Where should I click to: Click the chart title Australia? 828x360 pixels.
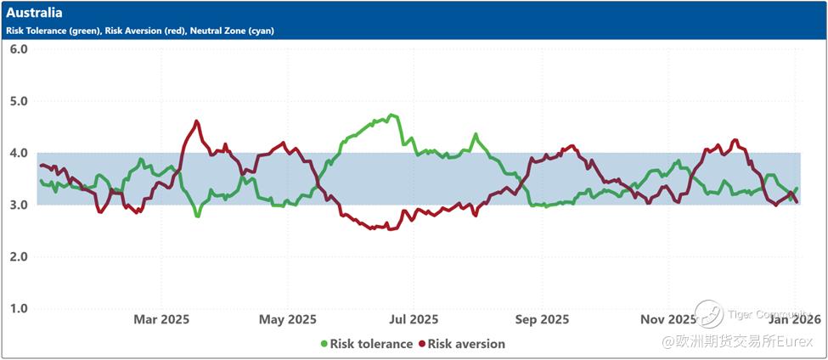coord(34,14)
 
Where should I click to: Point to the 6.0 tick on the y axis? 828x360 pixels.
coord(19,49)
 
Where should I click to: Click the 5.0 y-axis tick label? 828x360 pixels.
coord(19,101)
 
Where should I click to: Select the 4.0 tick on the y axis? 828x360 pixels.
coord(19,153)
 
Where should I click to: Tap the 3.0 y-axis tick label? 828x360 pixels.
coord(19,205)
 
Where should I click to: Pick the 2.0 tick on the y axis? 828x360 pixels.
coord(19,256)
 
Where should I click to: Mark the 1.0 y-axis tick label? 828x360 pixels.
coord(19,308)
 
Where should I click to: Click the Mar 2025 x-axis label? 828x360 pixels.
coord(161,319)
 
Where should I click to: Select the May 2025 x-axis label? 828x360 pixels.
coord(288,319)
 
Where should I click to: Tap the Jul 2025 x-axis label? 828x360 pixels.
coord(414,319)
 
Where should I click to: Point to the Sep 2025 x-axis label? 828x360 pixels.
coord(542,319)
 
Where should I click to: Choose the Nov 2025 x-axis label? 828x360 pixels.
coord(668,319)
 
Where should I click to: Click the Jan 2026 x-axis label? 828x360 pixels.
coord(795,319)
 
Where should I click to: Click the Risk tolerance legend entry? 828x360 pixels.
coord(371,344)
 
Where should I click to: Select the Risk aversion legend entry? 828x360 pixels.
coord(466,344)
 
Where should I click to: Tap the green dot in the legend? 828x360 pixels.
coord(324,344)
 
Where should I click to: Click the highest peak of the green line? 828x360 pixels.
coord(391,115)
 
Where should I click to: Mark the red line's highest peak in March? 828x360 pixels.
coord(196,121)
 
